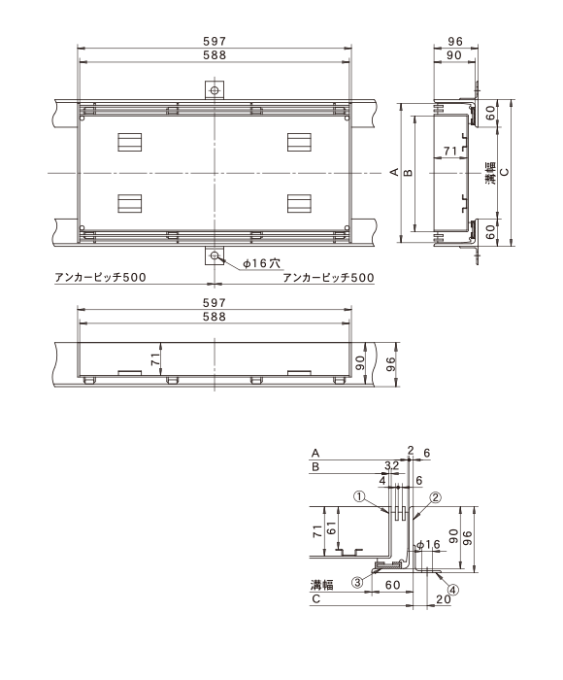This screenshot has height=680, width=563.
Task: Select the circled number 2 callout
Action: coord(435,497)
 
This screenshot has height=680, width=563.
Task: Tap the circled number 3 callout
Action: coord(357,583)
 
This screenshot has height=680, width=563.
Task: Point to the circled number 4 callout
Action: coord(453,590)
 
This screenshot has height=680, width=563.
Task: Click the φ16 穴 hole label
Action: coord(261,263)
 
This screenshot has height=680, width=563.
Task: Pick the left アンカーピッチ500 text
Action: coord(100,277)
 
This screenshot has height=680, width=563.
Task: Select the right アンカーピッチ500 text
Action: coord(328,277)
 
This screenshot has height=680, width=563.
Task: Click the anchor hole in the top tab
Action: coord(215,90)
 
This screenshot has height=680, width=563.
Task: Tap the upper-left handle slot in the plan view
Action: coord(130,142)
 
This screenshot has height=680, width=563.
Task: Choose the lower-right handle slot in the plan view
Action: coord(300,204)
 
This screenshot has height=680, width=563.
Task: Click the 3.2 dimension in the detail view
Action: coord(392,465)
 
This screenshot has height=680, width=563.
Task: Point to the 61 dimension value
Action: coord(332,527)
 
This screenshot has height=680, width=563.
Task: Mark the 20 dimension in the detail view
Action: coord(444,599)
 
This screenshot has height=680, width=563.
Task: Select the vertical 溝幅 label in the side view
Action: coord(490,174)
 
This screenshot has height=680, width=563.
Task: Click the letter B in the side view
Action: coord(409,173)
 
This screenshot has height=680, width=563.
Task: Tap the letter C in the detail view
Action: coord(315,599)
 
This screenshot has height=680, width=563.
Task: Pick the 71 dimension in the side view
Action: coord(450,151)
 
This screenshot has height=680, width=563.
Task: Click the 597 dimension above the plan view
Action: coord(215,41)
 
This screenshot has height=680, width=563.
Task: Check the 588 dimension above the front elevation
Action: coord(215,317)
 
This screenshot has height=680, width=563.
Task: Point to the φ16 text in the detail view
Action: coord(428,545)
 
